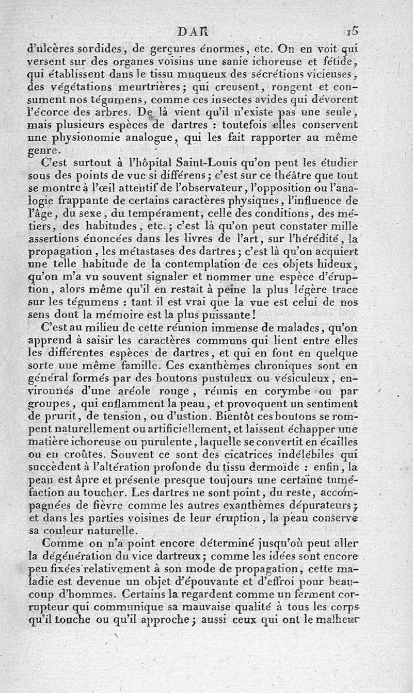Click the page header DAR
192,32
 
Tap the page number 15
353,31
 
